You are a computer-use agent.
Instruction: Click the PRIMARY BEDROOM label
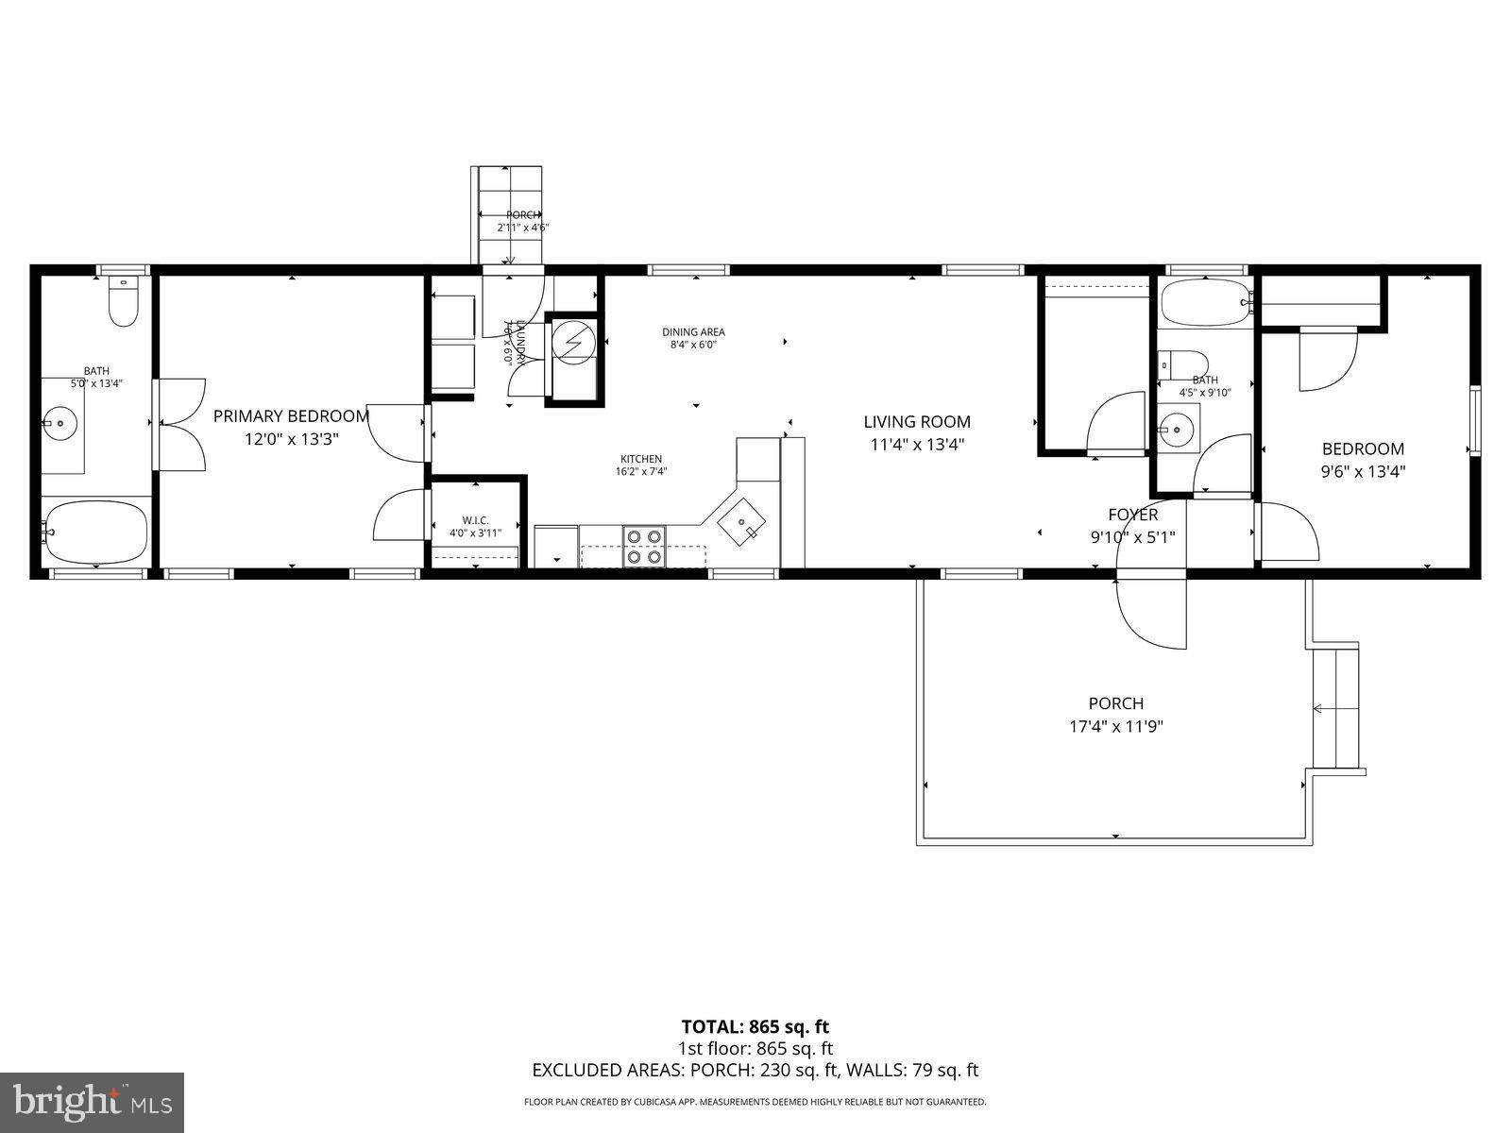(x=291, y=415)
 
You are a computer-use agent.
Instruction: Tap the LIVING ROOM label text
(x=916, y=422)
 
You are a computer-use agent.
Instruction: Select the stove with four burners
(x=644, y=547)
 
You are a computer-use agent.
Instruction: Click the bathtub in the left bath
(x=95, y=531)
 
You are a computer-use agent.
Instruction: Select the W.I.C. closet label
(x=475, y=520)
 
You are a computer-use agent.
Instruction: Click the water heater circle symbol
(x=573, y=343)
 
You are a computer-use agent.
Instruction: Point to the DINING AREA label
(x=693, y=332)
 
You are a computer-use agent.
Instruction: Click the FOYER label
(x=1132, y=515)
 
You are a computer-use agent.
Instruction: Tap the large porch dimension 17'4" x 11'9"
(x=1115, y=726)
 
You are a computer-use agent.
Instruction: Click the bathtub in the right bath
(x=1204, y=302)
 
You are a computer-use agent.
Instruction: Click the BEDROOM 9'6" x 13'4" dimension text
(x=1363, y=472)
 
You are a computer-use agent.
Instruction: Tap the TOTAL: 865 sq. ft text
(x=755, y=1026)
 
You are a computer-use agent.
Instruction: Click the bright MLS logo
(x=92, y=1100)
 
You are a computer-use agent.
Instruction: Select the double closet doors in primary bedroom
(x=180, y=424)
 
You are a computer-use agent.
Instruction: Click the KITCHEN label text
(x=640, y=459)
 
